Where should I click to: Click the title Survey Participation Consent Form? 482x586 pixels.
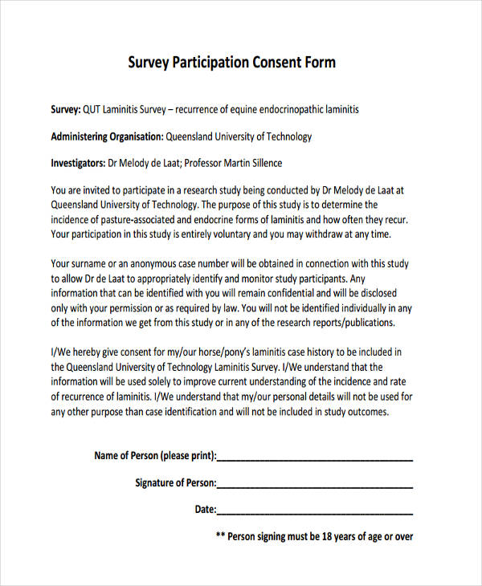pos(231,63)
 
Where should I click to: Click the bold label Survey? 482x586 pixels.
pos(66,109)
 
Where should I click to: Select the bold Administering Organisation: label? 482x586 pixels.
pos(108,136)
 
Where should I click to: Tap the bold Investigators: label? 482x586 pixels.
pos(78,163)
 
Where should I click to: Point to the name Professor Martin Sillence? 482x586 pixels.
pos(233,163)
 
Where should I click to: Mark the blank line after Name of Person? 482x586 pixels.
pos(315,460)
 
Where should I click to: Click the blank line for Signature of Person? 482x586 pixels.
pos(315,486)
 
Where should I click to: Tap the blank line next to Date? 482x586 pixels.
pos(315,513)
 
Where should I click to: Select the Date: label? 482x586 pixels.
pos(206,509)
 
